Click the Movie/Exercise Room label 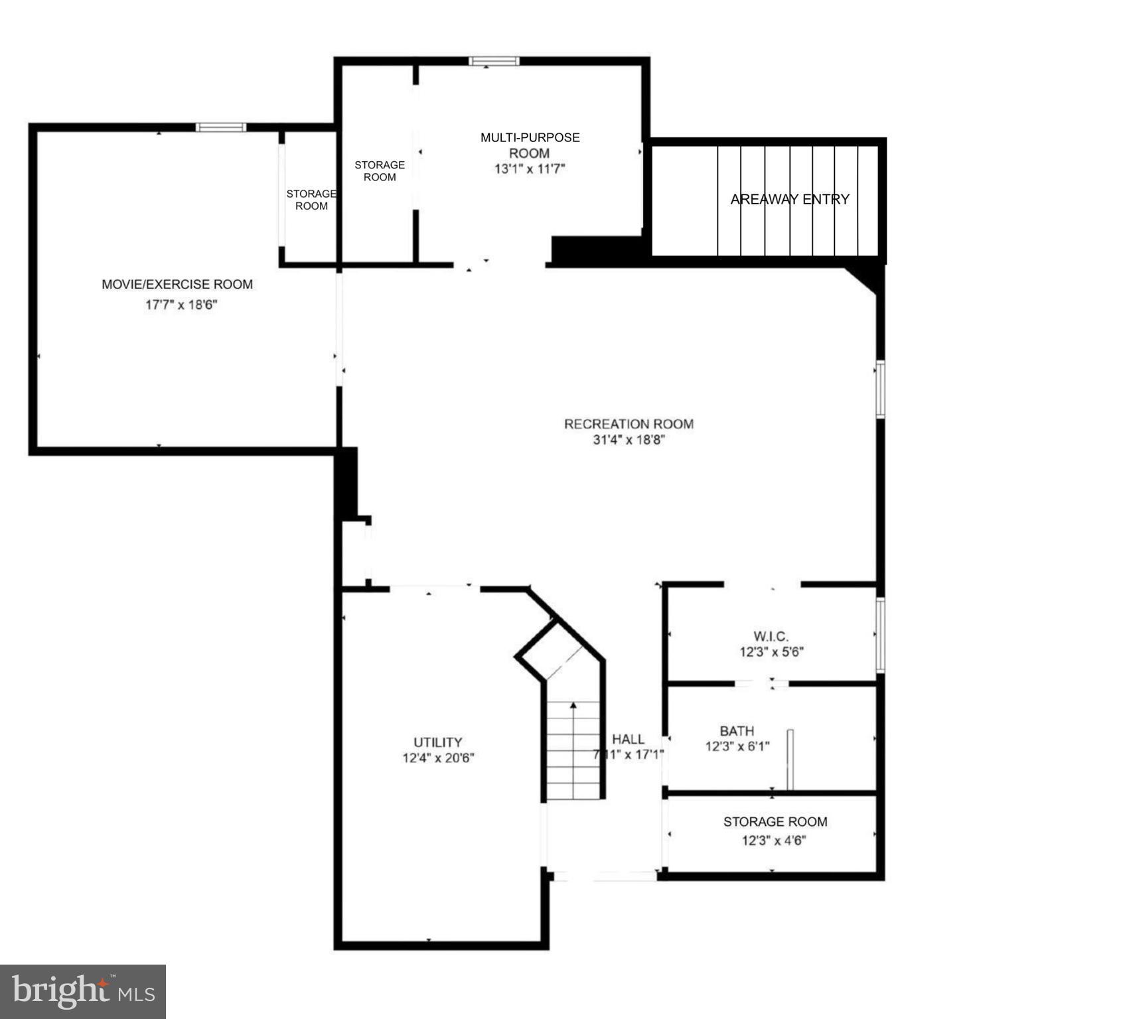pos(177,285)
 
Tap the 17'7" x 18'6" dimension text pos(181,305)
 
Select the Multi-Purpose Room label pos(530,145)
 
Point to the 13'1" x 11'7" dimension pos(530,169)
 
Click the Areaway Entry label pos(789,199)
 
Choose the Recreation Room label pos(629,424)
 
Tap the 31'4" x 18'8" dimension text pos(629,440)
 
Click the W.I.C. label pos(771,636)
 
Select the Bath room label pos(737,730)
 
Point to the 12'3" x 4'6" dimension pos(774,841)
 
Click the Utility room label pos(437,742)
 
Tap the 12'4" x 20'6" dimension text pos(438,758)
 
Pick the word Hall pos(628,739)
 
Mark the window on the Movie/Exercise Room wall pos(221,127)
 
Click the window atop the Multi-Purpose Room pos(494,61)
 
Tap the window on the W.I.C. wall pos(880,635)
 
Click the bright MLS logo pos(83,991)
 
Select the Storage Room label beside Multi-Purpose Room pos(380,170)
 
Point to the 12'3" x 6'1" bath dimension pos(737,746)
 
